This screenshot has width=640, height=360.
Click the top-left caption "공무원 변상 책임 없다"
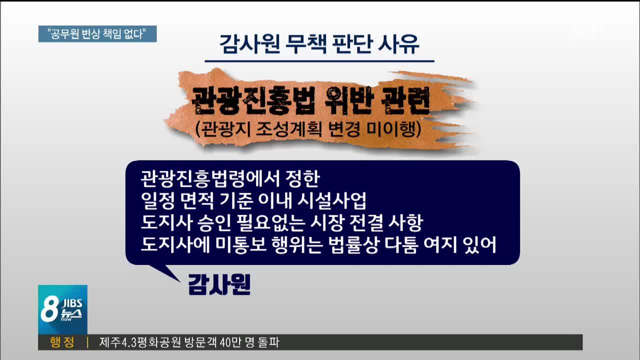point(97,34)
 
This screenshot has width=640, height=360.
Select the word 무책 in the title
point(306,44)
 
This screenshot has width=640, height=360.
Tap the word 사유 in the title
point(399,44)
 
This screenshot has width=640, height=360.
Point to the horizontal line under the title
point(319,61)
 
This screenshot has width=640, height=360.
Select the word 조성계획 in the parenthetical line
point(289,129)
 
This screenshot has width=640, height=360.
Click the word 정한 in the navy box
point(302,179)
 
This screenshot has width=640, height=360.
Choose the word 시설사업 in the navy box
point(331,201)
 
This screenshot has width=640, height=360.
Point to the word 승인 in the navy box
point(214,223)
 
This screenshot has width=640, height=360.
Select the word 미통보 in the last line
point(241,245)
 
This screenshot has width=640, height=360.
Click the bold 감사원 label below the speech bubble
point(219,284)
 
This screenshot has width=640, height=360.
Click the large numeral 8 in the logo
point(49,309)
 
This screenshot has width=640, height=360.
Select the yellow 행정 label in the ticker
point(62,342)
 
